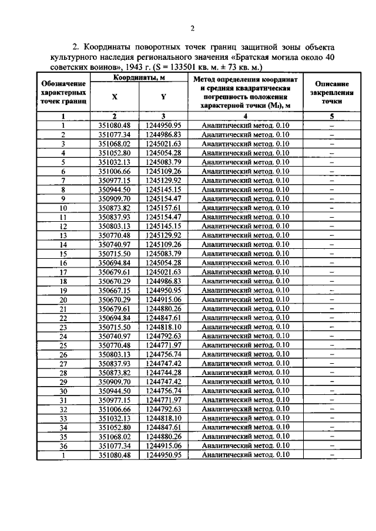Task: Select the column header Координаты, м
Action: click(x=139, y=77)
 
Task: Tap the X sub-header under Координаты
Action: click(x=114, y=97)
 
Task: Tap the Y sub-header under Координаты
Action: click(x=163, y=97)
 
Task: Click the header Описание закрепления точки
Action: click(x=331, y=92)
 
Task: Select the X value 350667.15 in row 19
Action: click(x=114, y=290)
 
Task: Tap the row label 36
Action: click(x=63, y=446)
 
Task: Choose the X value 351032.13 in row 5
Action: click(x=114, y=162)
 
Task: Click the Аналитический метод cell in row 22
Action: click(x=245, y=317)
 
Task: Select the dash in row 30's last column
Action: click(x=331, y=391)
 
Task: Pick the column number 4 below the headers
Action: click(x=245, y=116)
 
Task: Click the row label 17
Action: click(x=63, y=272)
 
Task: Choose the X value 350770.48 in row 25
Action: click(x=114, y=345)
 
